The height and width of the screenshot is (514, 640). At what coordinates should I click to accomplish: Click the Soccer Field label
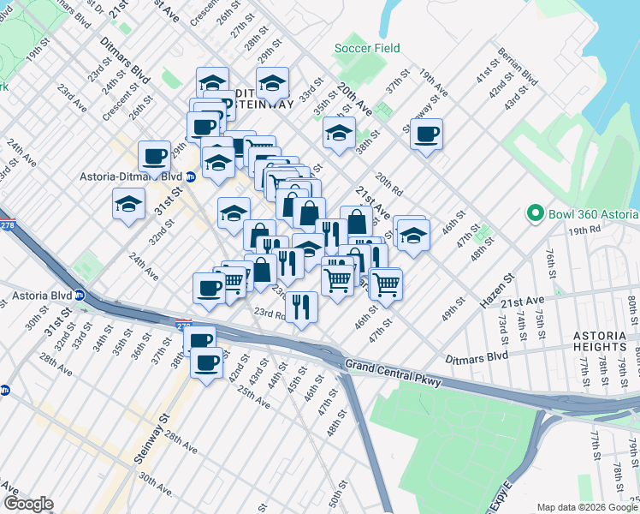point(367,48)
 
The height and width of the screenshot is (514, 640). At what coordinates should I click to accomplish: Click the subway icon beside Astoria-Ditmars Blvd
point(191,176)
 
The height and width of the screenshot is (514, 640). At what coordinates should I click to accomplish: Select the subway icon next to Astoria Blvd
point(79,296)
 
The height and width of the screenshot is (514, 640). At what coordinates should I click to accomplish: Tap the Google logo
point(28,504)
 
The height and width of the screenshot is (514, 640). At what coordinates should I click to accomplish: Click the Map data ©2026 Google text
point(587,507)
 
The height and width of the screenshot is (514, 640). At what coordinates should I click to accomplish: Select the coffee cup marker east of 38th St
point(426,134)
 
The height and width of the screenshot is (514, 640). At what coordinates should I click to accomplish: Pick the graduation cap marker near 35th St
point(339,133)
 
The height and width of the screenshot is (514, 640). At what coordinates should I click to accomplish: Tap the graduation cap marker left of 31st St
point(128,204)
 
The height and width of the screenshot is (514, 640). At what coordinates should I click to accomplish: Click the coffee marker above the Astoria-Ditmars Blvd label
point(154,156)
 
